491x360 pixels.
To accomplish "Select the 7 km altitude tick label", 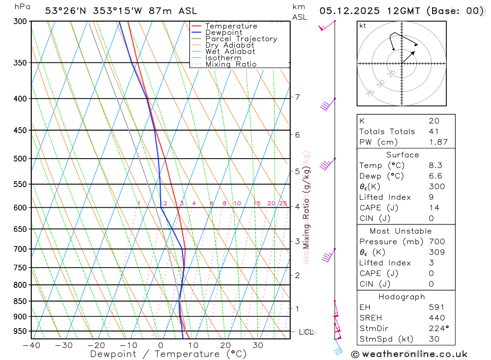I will (297, 97).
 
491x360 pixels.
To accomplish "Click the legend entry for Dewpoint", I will (223, 32).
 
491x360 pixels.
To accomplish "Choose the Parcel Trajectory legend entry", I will (241, 39).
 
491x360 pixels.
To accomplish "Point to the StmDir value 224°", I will (436, 329).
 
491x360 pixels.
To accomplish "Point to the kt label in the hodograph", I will (363, 26).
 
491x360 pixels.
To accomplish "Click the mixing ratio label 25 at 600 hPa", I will (283, 203).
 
